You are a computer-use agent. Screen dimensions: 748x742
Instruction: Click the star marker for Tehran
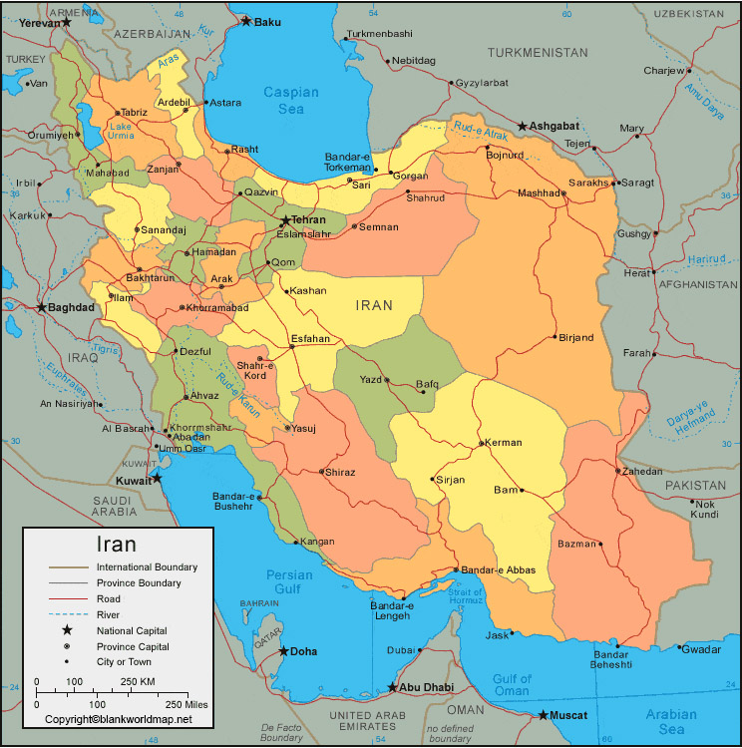coord(285,220)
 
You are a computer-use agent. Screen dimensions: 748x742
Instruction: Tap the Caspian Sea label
coord(290,100)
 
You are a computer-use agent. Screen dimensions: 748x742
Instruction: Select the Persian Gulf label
coord(290,582)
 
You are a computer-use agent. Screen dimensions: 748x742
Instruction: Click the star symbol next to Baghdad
coord(41,307)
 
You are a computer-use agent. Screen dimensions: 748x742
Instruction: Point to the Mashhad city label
coord(539,193)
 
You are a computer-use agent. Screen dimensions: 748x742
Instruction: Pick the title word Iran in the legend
coord(116,545)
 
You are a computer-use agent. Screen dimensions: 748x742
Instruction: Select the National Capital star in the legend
coord(67,630)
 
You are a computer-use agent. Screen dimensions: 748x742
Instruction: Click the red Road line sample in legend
coord(67,598)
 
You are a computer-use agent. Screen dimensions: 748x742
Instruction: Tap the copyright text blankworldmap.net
coord(118,719)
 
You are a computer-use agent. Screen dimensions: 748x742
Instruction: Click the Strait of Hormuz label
coord(466,595)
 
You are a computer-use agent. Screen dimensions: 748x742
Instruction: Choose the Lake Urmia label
coord(120,131)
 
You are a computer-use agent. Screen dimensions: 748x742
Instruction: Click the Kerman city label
coord(505,443)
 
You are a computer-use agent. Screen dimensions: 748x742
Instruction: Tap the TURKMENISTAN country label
coord(539,52)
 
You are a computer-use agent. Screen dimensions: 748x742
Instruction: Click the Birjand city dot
coord(556,337)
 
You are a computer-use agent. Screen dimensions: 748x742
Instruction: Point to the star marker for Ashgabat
coord(522,127)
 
